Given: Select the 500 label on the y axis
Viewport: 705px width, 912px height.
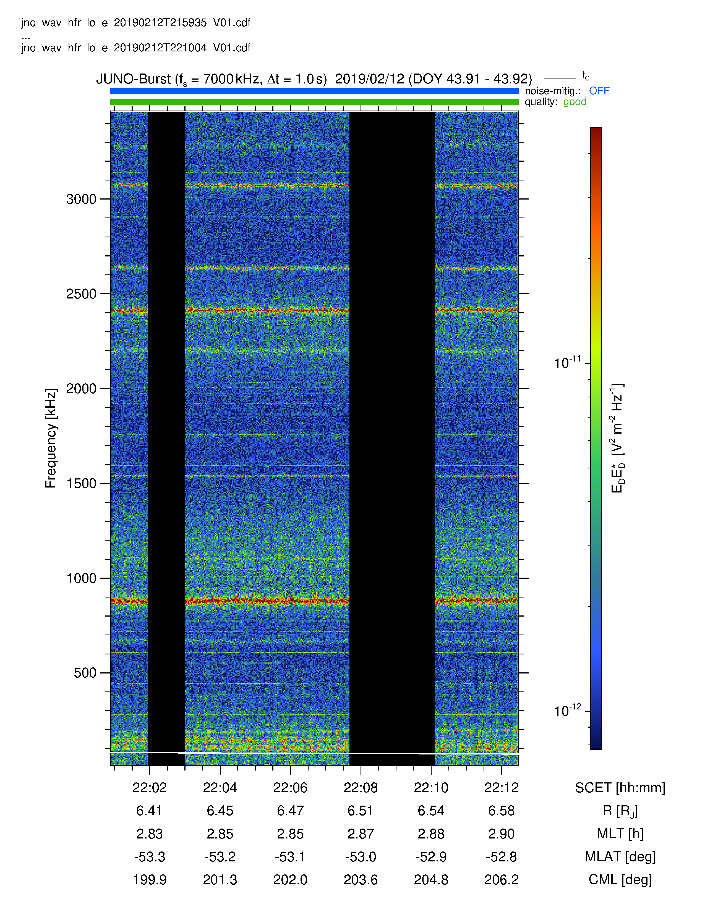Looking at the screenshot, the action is pyautogui.click(x=85, y=673).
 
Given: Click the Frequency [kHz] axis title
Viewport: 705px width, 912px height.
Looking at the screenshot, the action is pyautogui.click(x=51, y=439).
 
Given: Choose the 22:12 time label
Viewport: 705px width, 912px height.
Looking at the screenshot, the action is pyautogui.click(x=501, y=788).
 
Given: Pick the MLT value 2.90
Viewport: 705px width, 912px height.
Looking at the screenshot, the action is pyautogui.click(x=501, y=834).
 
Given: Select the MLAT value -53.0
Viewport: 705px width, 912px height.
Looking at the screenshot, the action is pyautogui.click(x=361, y=857).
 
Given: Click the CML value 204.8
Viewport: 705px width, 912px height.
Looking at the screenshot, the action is pyautogui.click(x=431, y=880).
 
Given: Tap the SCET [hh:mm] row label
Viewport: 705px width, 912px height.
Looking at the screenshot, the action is pyautogui.click(x=620, y=788).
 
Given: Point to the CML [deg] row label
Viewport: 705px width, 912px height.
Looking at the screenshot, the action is pyautogui.click(x=620, y=880).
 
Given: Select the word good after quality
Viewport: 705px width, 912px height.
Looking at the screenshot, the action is pyautogui.click(x=575, y=102).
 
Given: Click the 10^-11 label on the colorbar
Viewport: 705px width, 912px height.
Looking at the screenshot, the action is pyautogui.click(x=567, y=363).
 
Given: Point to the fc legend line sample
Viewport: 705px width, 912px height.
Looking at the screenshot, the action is pyautogui.click(x=560, y=78).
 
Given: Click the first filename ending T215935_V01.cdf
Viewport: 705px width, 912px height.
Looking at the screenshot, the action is pyautogui.click(x=136, y=23).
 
